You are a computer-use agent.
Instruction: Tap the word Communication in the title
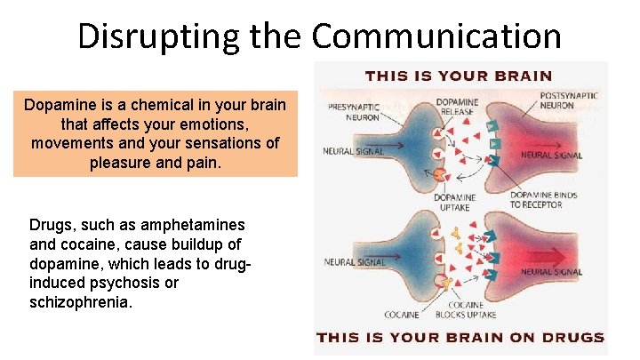pos(436,37)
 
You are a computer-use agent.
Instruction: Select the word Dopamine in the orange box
pos(57,105)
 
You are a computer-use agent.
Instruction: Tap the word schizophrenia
pos(80,302)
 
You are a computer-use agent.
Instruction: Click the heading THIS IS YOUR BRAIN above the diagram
pos(459,76)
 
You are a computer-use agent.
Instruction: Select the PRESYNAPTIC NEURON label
pos(356,111)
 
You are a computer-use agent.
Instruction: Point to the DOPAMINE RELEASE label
pos(458,108)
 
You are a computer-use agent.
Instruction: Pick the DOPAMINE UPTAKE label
pos(457,202)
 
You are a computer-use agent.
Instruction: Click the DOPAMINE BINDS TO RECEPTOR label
pos(545,200)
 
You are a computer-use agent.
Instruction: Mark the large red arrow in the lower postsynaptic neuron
pos(551,252)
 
